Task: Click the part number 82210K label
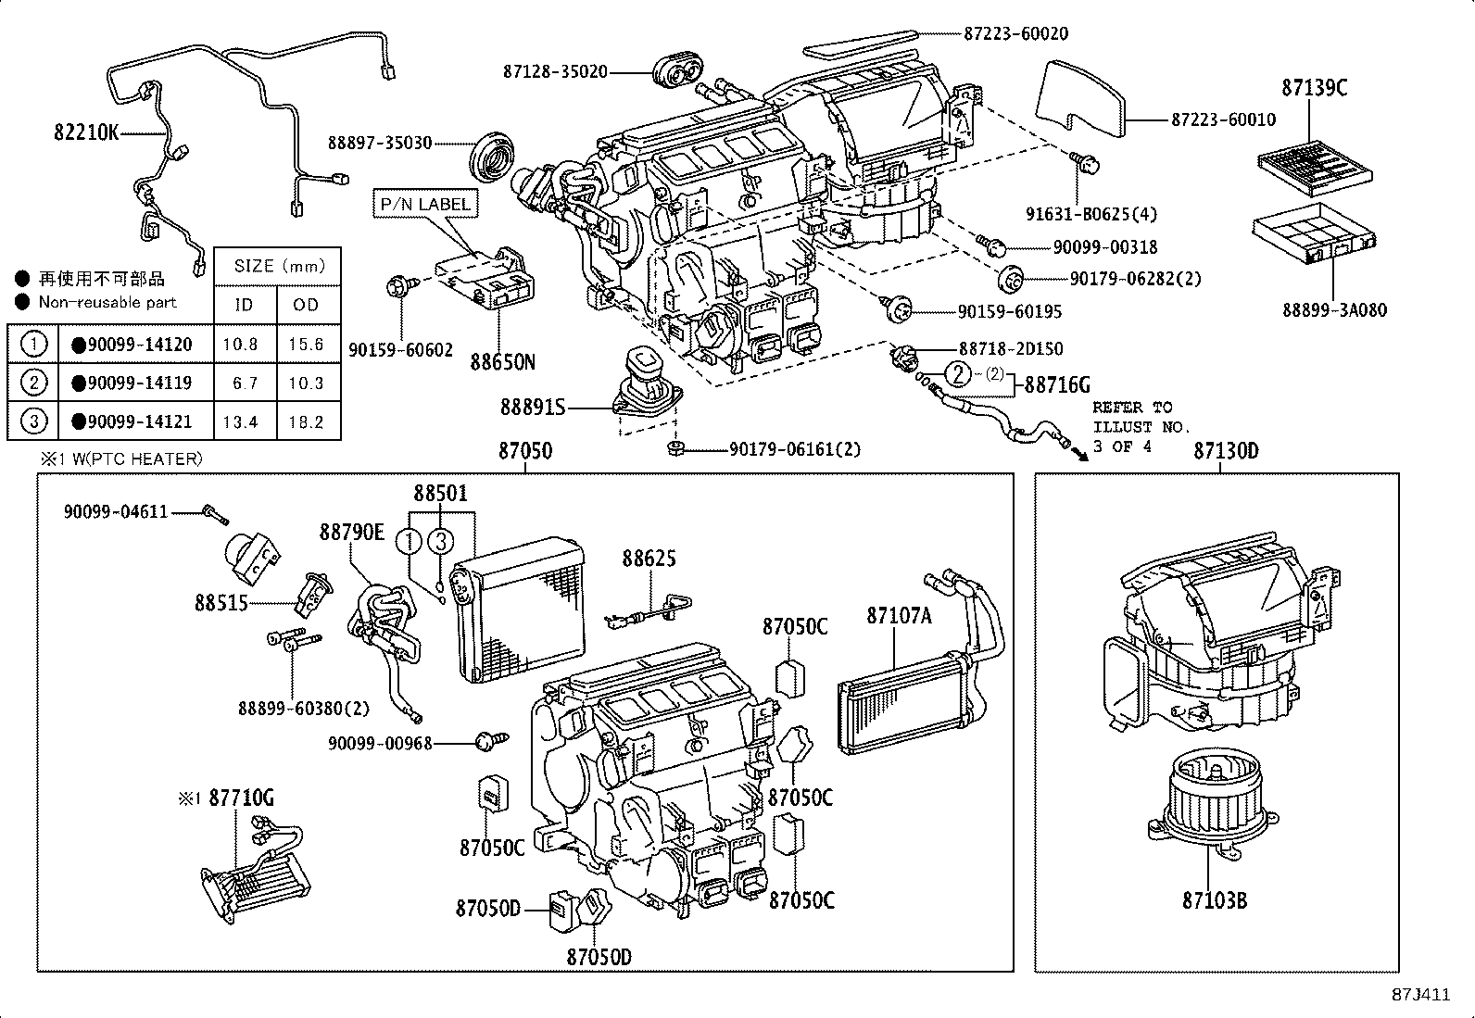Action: [x=86, y=132]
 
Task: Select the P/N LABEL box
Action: [x=425, y=204]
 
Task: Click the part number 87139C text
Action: [x=1314, y=88]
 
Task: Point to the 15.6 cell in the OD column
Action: [x=306, y=345]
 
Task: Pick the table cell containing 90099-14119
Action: [x=136, y=383]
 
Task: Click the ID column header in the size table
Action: [x=243, y=305]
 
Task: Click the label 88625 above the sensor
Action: [x=649, y=559]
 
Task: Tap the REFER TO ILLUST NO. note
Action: [x=1132, y=426]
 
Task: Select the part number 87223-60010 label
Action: [x=1223, y=119]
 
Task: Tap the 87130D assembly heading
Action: [x=1225, y=451]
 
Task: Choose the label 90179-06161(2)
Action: [x=795, y=449]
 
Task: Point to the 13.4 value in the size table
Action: [x=240, y=422]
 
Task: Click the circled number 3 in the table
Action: [x=33, y=421]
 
